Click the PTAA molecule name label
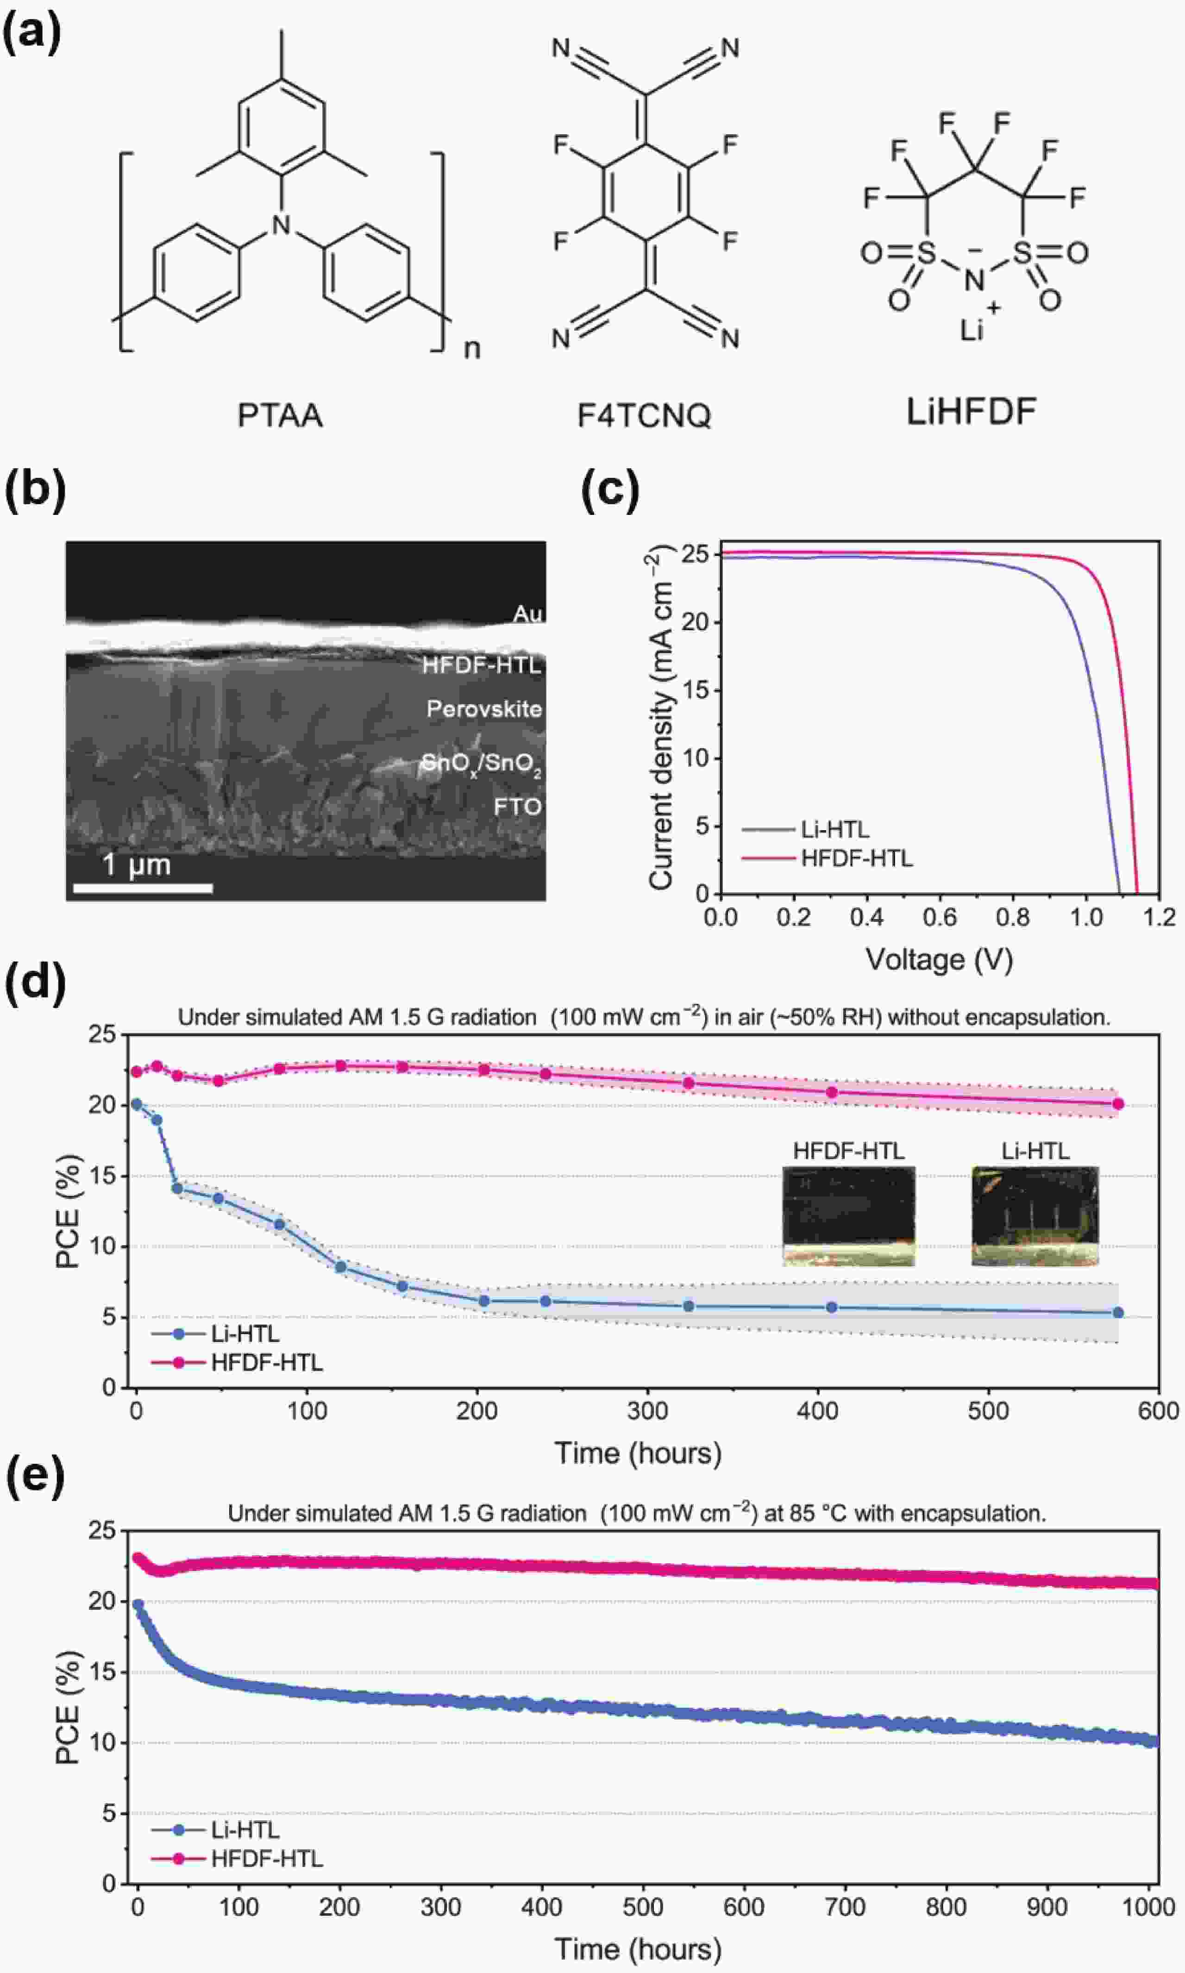pyautogui.click(x=280, y=416)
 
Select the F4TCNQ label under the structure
pyautogui.click(x=644, y=416)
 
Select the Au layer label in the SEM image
pyautogui.click(x=527, y=613)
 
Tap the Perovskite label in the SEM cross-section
pyautogui.click(x=484, y=708)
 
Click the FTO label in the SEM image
pyautogui.click(x=517, y=807)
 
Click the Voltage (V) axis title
pyautogui.click(x=939, y=959)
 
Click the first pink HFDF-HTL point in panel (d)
pyautogui.click(x=137, y=1071)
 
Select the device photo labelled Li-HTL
pyautogui.click(x=1035, y=1215)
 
